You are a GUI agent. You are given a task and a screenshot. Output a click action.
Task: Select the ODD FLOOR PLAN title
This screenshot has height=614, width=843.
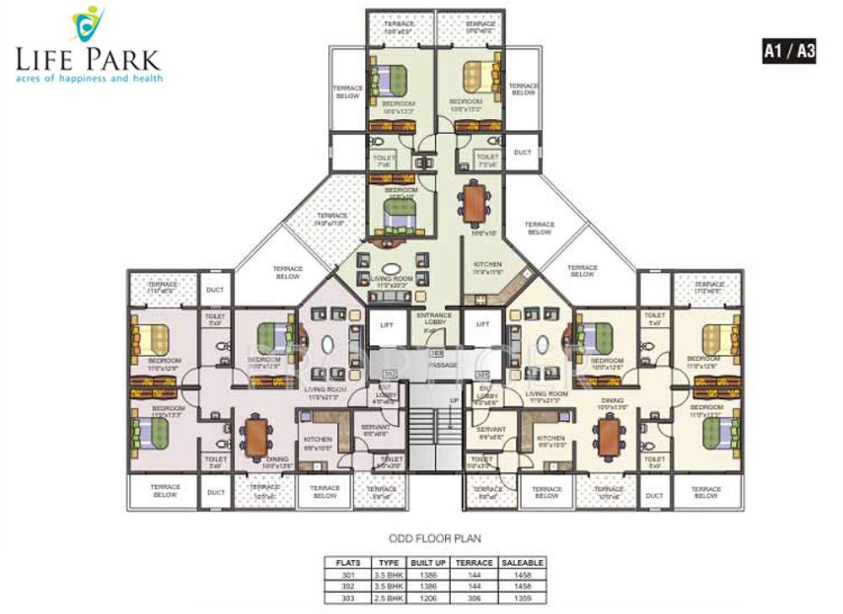point(434,537)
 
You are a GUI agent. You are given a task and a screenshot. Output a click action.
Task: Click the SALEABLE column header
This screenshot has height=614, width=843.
point(523,562)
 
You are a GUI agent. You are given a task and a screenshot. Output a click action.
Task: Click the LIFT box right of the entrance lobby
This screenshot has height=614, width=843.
point(482,324)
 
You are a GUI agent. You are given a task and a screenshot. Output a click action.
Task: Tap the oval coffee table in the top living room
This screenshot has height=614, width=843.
point(382,270)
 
